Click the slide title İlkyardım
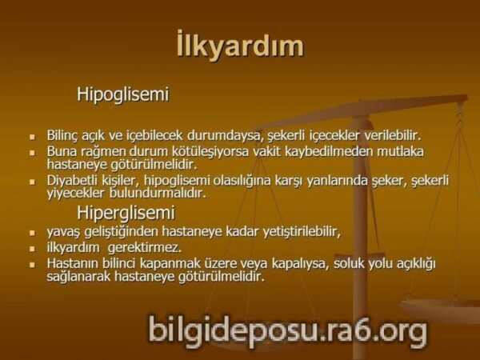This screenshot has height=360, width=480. [239, 46]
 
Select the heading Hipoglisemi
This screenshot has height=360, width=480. [122, 94]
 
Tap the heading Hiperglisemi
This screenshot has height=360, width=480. [126, 214]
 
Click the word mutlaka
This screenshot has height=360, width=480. [398, 151]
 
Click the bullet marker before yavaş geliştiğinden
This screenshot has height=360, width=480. [33, 234]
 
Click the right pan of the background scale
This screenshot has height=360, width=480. [448, 308]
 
